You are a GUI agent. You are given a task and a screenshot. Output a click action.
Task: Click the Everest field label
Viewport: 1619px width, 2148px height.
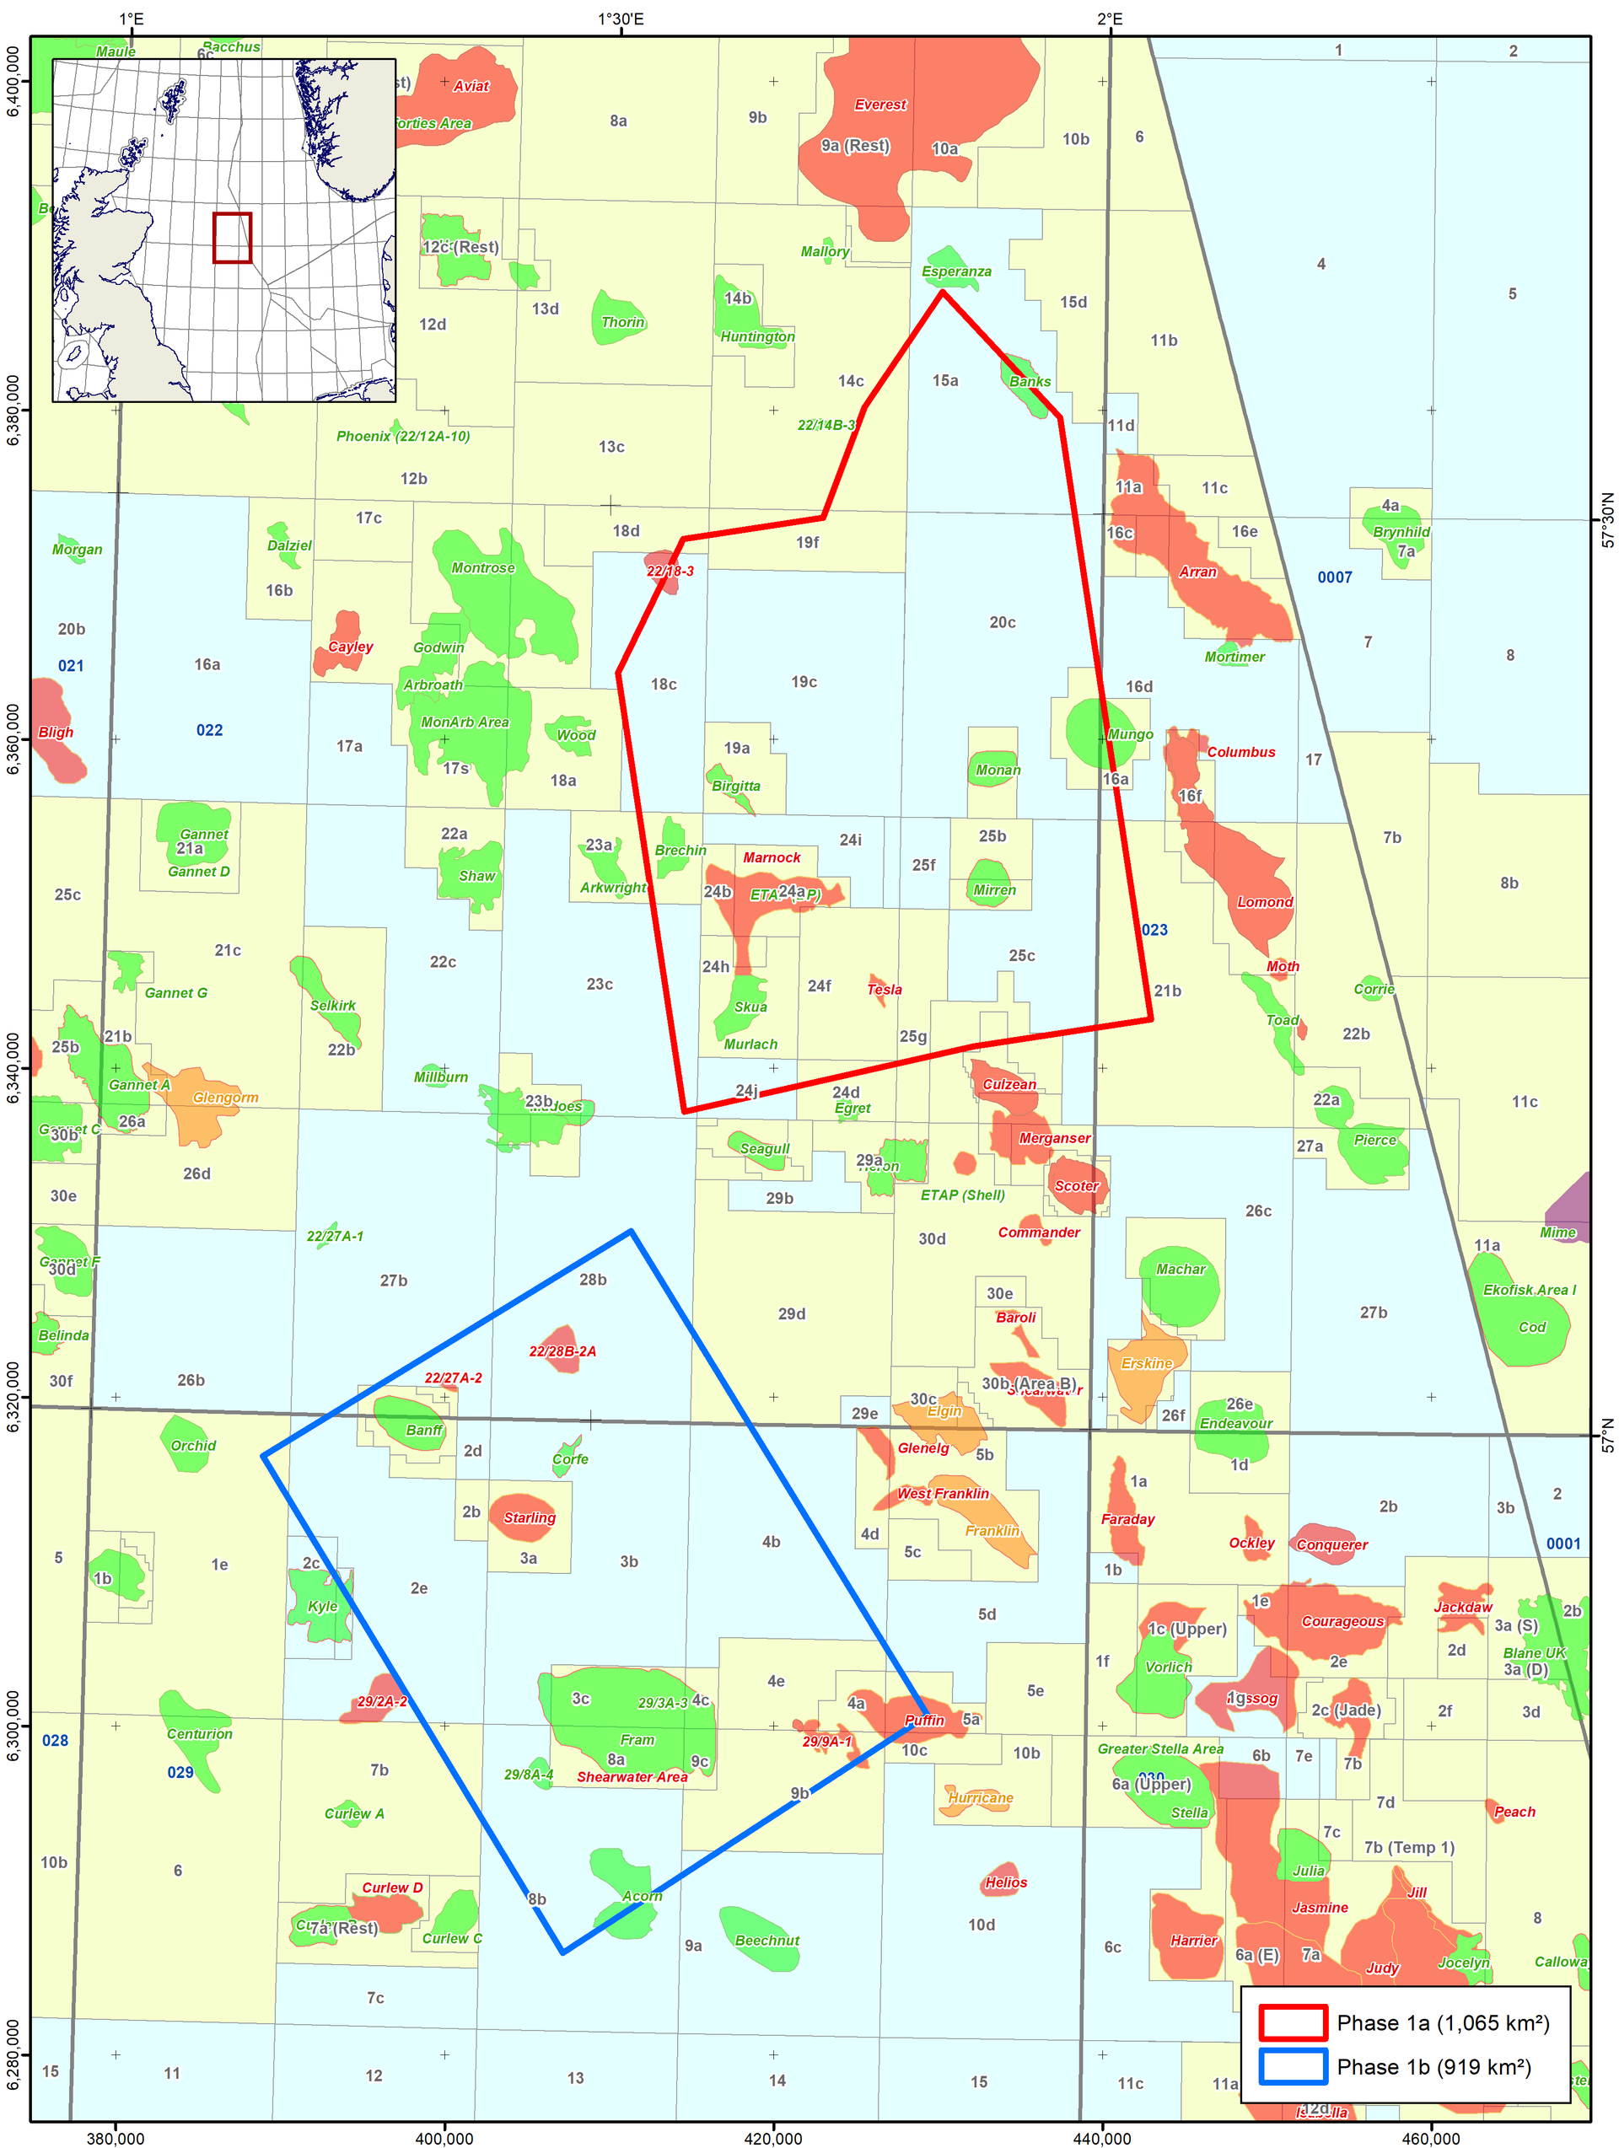click(880, 105)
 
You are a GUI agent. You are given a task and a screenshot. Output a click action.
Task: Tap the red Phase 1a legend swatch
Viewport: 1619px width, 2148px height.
click(1293, 2022)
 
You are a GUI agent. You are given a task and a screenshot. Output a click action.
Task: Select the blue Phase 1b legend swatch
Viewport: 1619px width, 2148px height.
click(1293, 2066)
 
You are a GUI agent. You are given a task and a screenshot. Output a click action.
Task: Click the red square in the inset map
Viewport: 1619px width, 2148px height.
click(232, 238)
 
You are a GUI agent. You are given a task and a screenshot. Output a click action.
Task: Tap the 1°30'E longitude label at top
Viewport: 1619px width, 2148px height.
click(620, 19)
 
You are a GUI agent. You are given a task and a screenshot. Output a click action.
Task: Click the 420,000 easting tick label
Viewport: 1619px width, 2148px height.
click(773, 2137)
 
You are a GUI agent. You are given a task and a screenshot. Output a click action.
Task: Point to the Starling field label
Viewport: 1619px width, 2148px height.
click(530, 1517)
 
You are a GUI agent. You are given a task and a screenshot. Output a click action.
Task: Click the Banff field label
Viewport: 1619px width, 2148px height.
click(423, 1431)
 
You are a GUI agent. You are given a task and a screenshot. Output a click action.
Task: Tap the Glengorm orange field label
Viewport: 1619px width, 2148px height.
click(225, 1098)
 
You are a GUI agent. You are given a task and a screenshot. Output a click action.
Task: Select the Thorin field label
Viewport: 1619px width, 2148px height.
click(622, 322)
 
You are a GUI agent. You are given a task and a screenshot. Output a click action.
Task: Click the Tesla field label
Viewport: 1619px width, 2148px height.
click(884, 990)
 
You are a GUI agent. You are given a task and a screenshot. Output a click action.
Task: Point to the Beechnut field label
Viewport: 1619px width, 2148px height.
click(766, 1940)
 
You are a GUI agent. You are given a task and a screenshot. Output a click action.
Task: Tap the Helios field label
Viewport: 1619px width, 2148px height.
click(1005, 1882)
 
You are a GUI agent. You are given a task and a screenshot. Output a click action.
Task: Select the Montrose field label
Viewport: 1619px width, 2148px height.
click(482, 568)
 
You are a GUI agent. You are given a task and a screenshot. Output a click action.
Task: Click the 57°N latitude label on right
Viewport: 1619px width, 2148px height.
click(1607, 1434)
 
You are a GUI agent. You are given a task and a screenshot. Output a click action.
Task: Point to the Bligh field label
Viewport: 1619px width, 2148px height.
click(56, 733)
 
